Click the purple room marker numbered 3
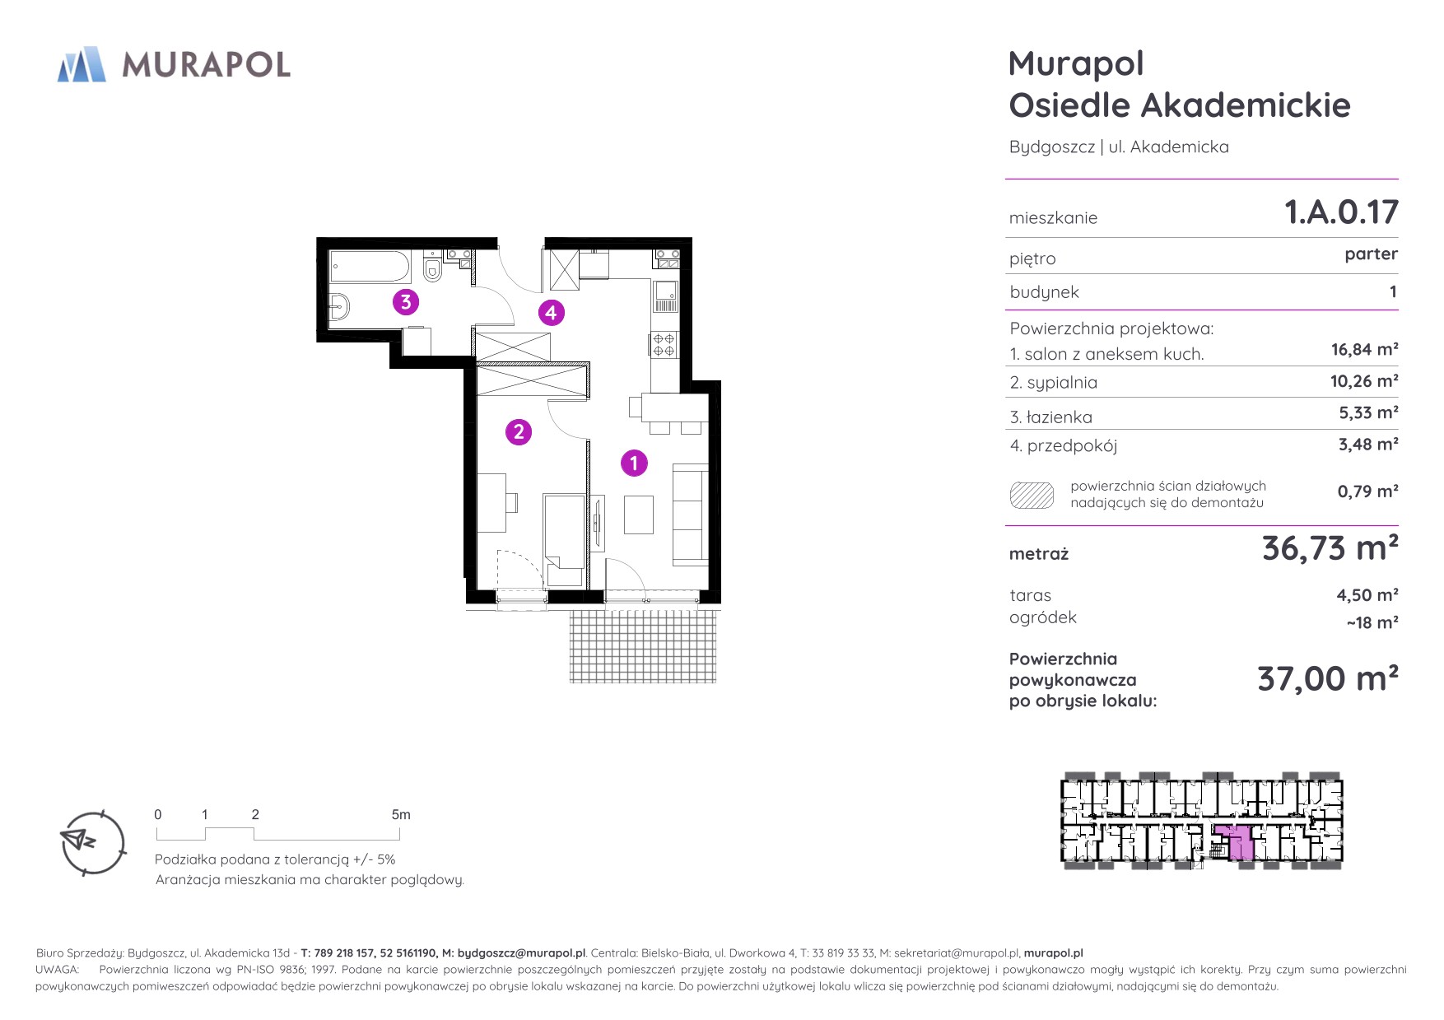(405, 302)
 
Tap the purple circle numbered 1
(634, 463)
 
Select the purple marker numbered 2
(519, 431)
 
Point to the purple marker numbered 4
(551, 313)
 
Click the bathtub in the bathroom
(370, 266)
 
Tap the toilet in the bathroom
(432, 268)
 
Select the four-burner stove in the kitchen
(664, 344)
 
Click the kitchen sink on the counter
(665, 296)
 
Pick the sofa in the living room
(690, 515)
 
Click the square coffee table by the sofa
(639, 515)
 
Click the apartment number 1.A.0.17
(1341, 212)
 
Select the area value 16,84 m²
(1364, 350)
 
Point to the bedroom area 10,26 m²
(1364, 381)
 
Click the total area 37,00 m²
(1328, 679)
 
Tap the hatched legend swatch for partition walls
(1032, 496)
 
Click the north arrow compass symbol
(93, 842)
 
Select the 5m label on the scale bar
(401, 814)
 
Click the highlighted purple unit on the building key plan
(1238, 843)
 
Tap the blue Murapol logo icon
(82, 64)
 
